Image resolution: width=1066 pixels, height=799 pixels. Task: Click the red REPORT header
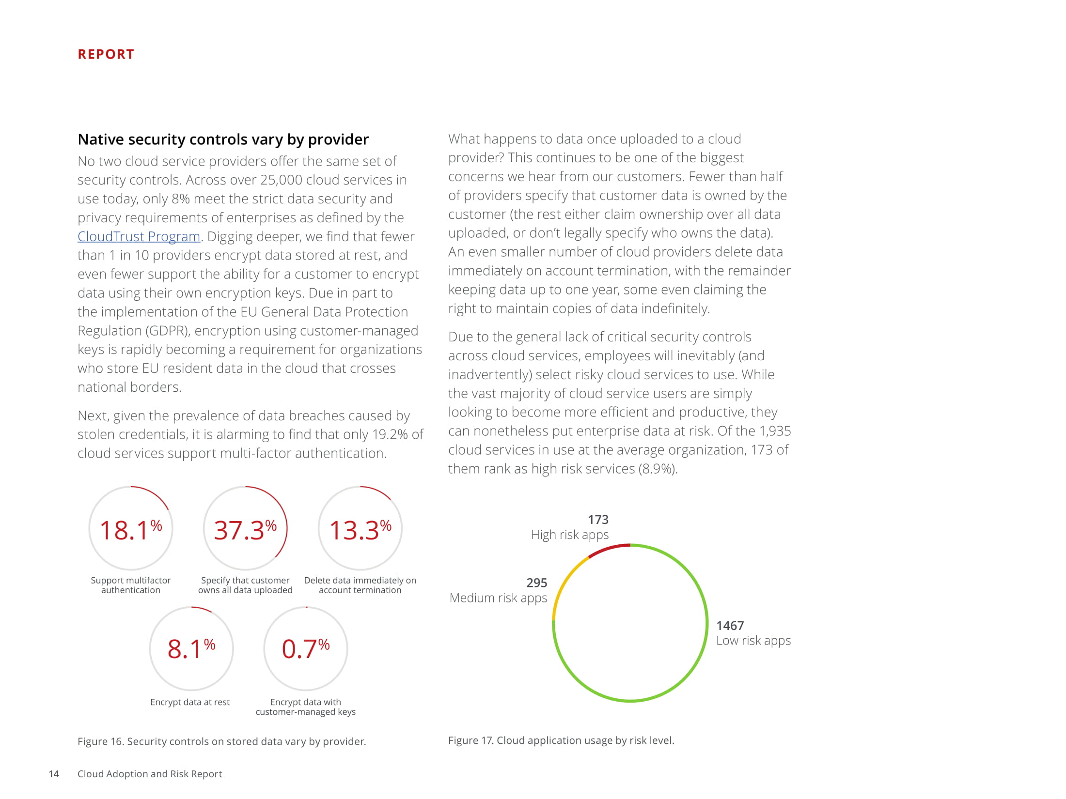106,54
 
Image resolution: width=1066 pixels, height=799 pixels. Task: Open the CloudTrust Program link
139,237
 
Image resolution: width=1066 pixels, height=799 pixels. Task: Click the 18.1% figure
130,530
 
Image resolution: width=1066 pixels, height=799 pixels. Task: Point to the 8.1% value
191,649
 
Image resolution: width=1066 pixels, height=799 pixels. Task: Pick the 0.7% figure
305,649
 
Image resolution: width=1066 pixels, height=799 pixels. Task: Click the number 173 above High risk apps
598,520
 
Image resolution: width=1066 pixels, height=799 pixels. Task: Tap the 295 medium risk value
536,583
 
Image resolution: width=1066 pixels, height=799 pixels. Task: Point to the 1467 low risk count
730,626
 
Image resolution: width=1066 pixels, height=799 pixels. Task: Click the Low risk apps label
753,641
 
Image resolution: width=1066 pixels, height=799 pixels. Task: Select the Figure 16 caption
221,741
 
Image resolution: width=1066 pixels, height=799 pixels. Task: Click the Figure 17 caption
561,740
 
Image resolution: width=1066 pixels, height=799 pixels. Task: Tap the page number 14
54,774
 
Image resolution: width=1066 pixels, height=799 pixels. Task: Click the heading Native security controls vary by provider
223,139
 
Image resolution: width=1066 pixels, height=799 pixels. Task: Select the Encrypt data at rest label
190,702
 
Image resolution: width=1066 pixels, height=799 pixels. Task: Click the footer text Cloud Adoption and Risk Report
150,774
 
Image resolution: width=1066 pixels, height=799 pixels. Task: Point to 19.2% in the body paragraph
390,434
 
